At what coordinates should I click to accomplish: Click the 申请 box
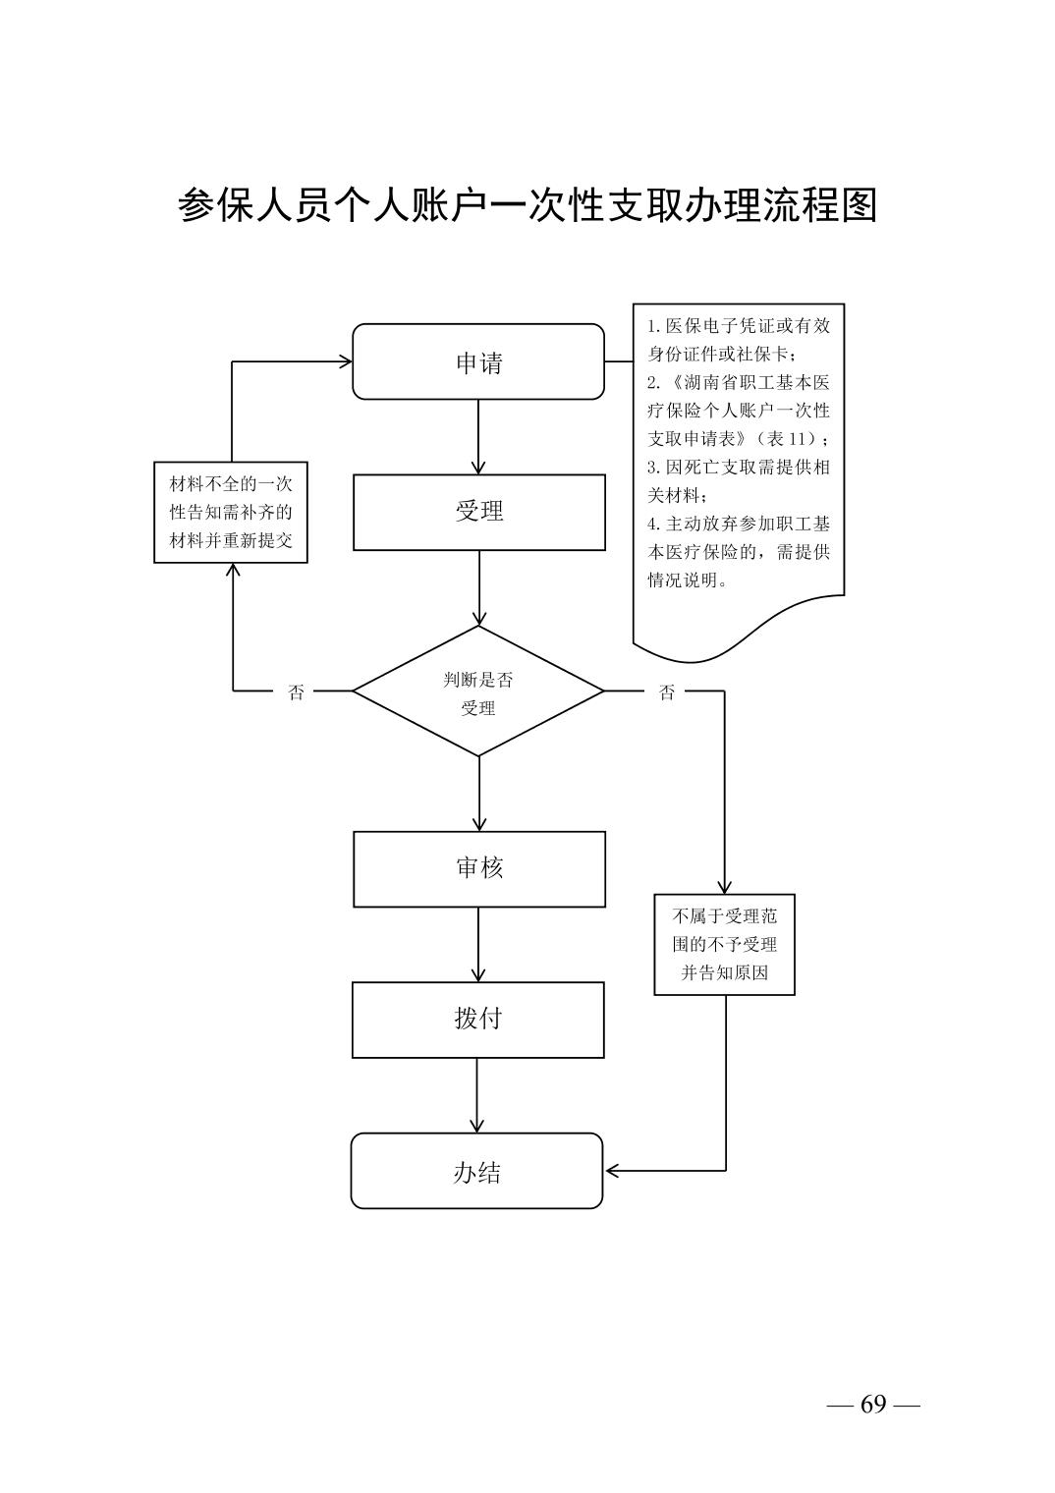[478, 361]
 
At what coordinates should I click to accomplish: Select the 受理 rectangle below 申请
[479, 512]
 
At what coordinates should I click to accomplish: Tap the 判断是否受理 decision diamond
[478, 691]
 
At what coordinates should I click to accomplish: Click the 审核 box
[479, 868]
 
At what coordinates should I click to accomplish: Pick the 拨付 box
[478, 1020]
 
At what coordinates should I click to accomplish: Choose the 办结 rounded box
[476, 1171]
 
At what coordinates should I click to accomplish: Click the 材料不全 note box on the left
[231, 512]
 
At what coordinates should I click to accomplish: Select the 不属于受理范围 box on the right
[724, 944]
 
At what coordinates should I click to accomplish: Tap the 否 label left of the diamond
[296, 692]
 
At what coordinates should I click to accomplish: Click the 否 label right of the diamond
[667, 692]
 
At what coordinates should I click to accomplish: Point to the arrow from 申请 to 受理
[478, 437]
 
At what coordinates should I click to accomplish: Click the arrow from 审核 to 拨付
[478, 944]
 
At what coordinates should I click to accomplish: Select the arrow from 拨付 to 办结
[477, 1095]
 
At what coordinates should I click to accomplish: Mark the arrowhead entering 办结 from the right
[612, 1171]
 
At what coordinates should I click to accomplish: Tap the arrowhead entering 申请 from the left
[345, 361]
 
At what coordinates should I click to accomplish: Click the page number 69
[873, 1404]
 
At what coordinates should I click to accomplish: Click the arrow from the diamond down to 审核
[478, 794]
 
